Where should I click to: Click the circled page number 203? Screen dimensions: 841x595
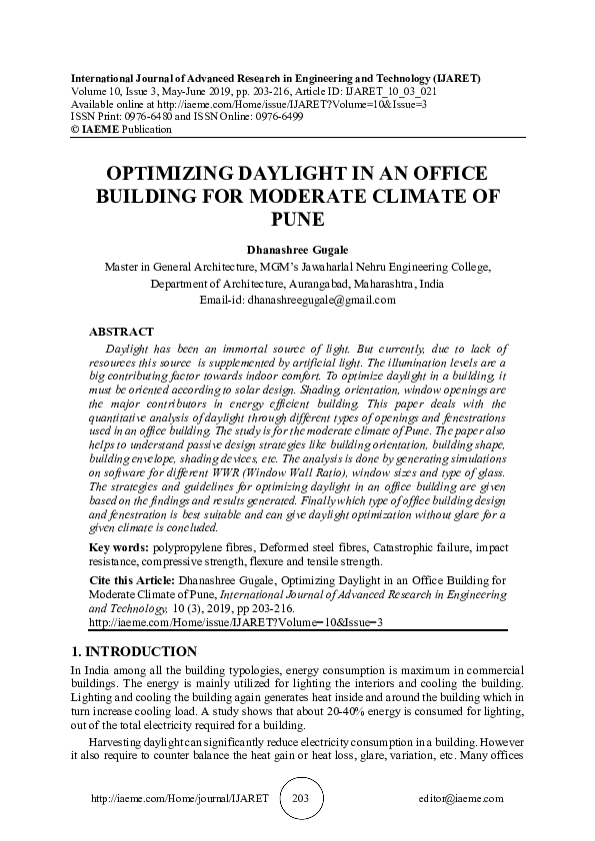click(297, 798)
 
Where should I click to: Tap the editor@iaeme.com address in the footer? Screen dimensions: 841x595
click(462, 799)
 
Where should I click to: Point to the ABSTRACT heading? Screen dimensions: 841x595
click(122, 331)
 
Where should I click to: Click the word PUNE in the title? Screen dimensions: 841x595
click(297, 219)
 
